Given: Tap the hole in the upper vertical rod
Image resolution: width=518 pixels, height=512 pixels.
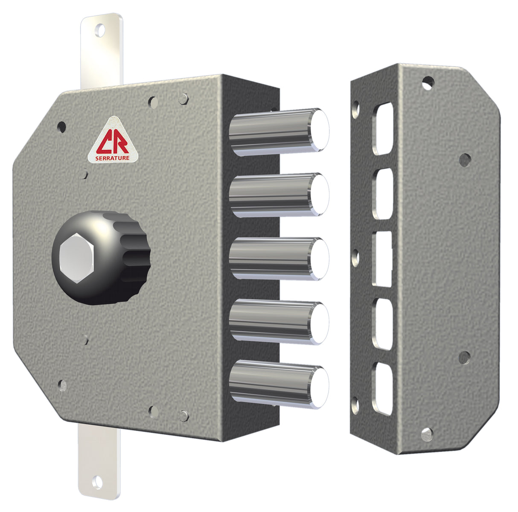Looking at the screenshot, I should click(x=101, y=31).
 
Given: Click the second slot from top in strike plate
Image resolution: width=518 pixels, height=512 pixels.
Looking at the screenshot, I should click(x=383, y=193).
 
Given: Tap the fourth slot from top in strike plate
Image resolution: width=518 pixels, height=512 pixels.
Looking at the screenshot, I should click(x=383, y=324).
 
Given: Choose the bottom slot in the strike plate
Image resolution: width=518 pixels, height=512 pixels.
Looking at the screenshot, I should click(x=383, y=388).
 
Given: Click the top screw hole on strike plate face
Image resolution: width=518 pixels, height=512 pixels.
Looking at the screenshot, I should click(x=428, y=82).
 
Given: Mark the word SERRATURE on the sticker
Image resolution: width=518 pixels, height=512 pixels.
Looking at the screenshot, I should click(x=113, y=158).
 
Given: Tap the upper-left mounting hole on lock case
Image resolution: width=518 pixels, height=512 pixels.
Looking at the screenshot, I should click(x=61, y=126).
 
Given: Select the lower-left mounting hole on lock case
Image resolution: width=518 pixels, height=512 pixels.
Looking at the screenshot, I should click(x=62, y=385).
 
